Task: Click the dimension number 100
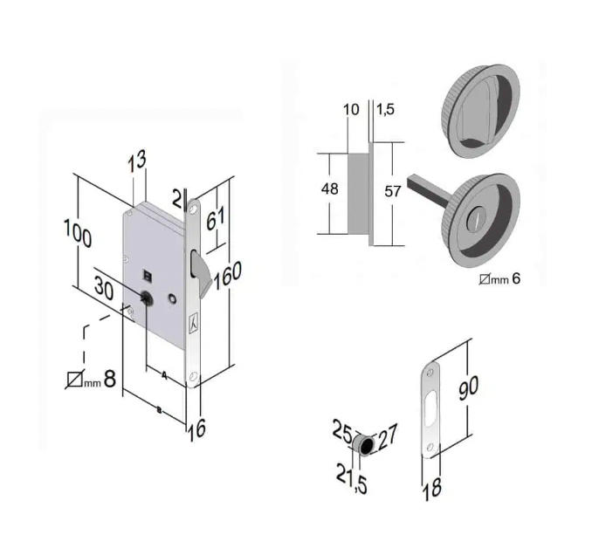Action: (78, 233)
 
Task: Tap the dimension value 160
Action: (227, 276)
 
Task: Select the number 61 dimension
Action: (216, 218)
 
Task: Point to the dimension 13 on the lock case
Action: (136, 161)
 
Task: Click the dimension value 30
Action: (104, 287)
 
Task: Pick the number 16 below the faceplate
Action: (196, 429)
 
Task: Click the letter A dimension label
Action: (164, 375)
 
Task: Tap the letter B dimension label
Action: (159, 410)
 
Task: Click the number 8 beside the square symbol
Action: (109, 379)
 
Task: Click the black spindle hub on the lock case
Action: (145, 298)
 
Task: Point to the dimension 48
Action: (329, 188)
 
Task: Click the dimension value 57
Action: (392, 191)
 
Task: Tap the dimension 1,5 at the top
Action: (385, 109)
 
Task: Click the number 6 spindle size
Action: (516, 279)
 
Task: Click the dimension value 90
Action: (468, 387)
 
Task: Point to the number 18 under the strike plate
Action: (432, 488)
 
